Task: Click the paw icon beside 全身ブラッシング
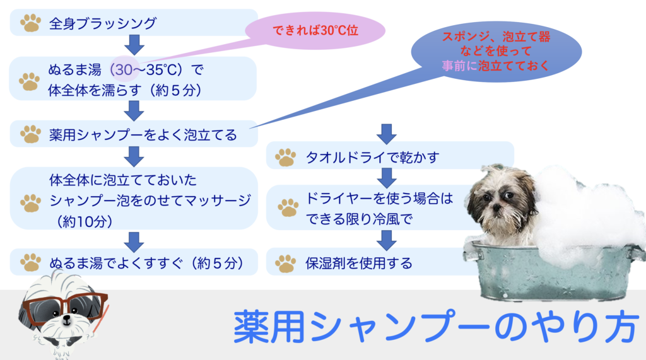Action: [x=30, y=23]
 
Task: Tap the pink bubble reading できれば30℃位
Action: [x=315, y=30]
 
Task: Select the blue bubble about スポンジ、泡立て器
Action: [x=496, y=52]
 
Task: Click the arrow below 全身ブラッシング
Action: [x=134, y=45]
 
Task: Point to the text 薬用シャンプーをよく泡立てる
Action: [x=143, y=135]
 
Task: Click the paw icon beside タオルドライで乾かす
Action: [x=286, y=158]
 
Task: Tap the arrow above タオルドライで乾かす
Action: [x=387, y=134]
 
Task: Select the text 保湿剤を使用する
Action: [x=358, y=263]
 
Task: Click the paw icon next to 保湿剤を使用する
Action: [x=286, y=264]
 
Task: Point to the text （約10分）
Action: [x=85, y=221]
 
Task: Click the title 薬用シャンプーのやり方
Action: [x=436, y=327]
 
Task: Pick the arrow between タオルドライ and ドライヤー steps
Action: [x=387, y=178]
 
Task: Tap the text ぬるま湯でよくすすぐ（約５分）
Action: [x=147, y=263]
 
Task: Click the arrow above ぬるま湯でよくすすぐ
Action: [x=134, y=241]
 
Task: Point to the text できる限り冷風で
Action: [x=359, y=219]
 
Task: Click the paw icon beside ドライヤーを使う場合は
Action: [x=288, y=207]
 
